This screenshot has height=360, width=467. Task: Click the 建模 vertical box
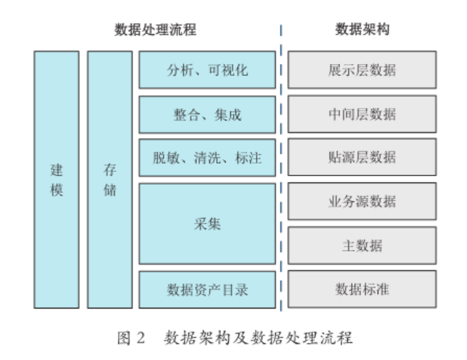click(56, 179)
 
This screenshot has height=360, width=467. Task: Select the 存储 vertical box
click(109, 179)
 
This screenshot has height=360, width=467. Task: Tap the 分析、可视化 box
click(207, 70)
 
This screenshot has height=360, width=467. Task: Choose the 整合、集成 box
click(207, 114)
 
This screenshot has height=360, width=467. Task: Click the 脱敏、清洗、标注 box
click(207, 157)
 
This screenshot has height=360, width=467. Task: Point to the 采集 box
click(207, 224)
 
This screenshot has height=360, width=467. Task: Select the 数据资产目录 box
click(207, 288)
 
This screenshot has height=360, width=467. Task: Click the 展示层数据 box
click(362, 70)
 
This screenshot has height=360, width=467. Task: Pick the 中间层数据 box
click(362, 114)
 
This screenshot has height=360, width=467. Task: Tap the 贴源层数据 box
click(362, 157)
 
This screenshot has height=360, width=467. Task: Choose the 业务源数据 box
click(362, 201)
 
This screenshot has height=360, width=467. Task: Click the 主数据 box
click(362, 245)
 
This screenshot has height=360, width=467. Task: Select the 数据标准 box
click(362, 288)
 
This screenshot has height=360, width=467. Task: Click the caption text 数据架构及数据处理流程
click(258, 339)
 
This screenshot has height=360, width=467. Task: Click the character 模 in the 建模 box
click(56, 189)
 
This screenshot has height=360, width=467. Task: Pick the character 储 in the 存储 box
click(109, 189)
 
